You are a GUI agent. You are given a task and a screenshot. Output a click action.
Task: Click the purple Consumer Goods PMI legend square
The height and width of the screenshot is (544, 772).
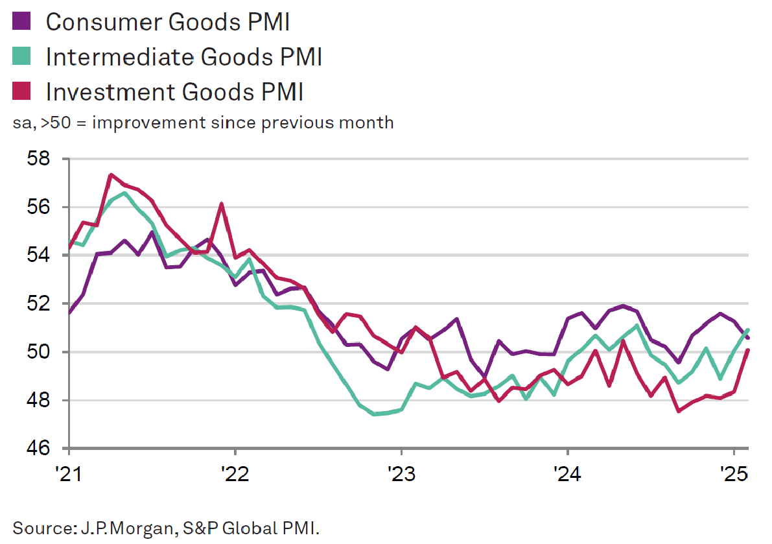pos(22,21)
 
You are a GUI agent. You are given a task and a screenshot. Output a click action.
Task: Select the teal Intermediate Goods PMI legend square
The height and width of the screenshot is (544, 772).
pos(22,57)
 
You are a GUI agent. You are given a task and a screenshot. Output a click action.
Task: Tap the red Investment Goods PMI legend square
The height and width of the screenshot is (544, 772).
pos(22,92)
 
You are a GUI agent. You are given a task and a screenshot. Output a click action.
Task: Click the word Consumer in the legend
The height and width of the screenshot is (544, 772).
pos(103,21)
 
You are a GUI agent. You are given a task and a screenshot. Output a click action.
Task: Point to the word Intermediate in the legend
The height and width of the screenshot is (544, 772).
pos(120,57)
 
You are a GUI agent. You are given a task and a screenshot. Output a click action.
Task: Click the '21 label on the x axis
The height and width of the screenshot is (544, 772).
pos(69,473)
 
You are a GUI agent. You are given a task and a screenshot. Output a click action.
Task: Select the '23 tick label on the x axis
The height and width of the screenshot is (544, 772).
pos(401,473)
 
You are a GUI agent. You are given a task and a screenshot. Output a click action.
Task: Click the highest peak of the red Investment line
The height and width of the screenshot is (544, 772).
pos(111,174)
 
